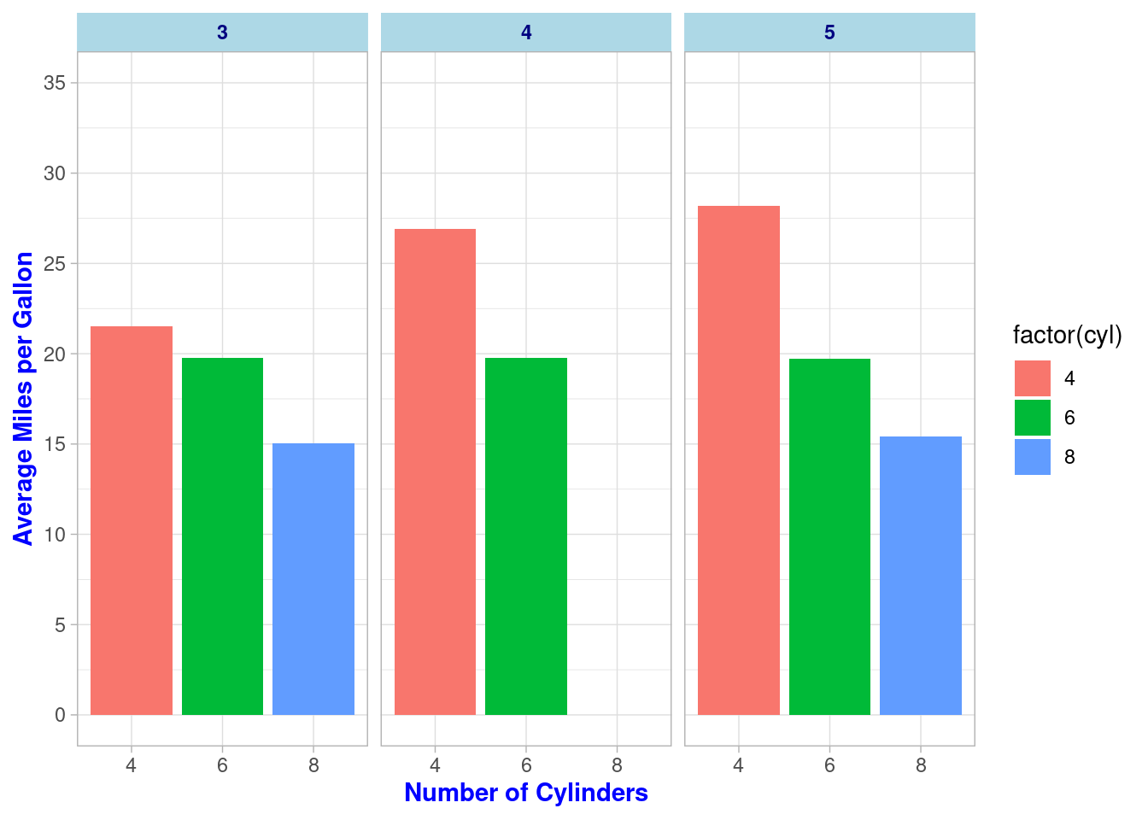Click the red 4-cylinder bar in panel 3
tap(131, 520)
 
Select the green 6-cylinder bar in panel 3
tap(222, 536)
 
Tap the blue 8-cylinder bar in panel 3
tap(313, 578)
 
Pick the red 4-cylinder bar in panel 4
tap(435, 471)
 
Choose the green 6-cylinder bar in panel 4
tap(526, 536)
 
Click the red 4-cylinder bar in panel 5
tap(739, 460)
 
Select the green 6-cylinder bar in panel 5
tap(829, 536)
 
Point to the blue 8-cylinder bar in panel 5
tap(921, 575)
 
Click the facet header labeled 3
tap(222, 32)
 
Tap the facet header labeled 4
tap(526, 32)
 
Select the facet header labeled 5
tap(829, 32)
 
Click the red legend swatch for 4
tap(1032, 378)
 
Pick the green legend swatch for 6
tap(1032, 418)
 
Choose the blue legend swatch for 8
tap(1032, 457)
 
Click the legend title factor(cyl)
tap(1067, 336)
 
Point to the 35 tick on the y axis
tap(56, 83)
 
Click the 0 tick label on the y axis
tap(60, 715)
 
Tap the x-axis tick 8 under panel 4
tap(617, 765)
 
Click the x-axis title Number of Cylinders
tap(526, 793)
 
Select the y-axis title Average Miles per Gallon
tap(24, 398)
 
